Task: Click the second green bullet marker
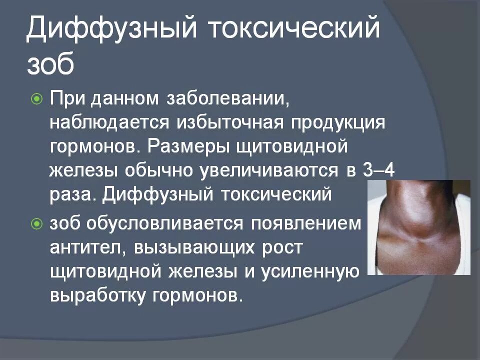point(36,224)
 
